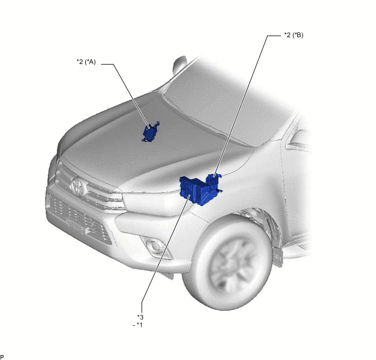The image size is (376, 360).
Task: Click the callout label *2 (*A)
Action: click(x=86, y=62)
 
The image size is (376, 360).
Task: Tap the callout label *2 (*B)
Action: click(x=294, y=35)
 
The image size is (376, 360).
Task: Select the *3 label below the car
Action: click(x=140, y=317)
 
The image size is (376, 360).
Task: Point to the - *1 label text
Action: click(x=138, y=325)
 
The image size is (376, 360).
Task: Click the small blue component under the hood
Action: click(x=151, y=132)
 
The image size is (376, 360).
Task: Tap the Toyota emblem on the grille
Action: click(x=79, y=187)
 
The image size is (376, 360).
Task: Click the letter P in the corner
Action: click(x=2, y=357)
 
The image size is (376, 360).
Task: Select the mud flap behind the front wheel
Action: click(x=278, y=257)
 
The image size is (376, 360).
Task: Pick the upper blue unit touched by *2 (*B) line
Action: click(x=214, y=181)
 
